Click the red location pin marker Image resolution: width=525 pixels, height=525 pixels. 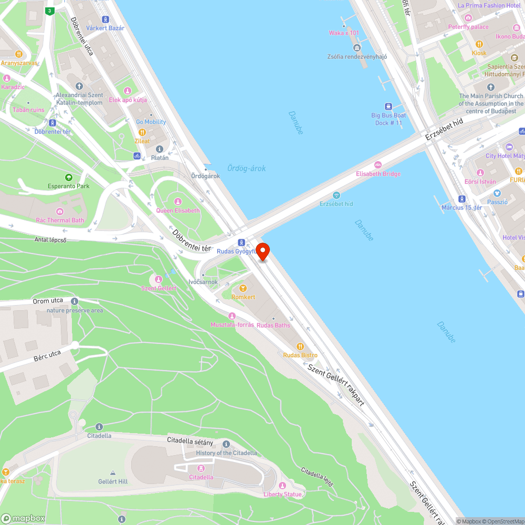coord(262,251)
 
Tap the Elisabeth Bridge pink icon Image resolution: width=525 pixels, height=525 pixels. coord(378,165)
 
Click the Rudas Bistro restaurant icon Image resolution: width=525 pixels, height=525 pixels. coord(300,346)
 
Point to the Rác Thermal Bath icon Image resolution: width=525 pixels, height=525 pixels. coord(60,212)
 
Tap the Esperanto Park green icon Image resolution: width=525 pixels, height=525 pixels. coord(68,177)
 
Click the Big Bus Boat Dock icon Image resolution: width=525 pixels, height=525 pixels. coord(388,107)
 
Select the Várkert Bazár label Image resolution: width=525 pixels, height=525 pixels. coord(105,28)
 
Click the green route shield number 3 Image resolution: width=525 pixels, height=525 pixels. coord(49,11)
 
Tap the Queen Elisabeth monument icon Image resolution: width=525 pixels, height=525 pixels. coord(178,202)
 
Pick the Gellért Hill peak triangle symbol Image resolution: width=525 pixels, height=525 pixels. coord(112,472)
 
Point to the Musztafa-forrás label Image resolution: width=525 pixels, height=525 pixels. coord(232,325)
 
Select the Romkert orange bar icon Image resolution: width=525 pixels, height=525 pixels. coord(243,288)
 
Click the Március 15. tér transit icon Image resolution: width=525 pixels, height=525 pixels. coord(461,199)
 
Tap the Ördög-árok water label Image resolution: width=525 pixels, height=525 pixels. coord(246,168)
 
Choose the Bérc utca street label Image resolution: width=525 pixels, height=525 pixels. coord(48,358)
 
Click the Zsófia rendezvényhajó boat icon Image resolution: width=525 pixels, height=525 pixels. coord(357,48)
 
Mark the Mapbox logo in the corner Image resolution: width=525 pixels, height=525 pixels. coord(23,518)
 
